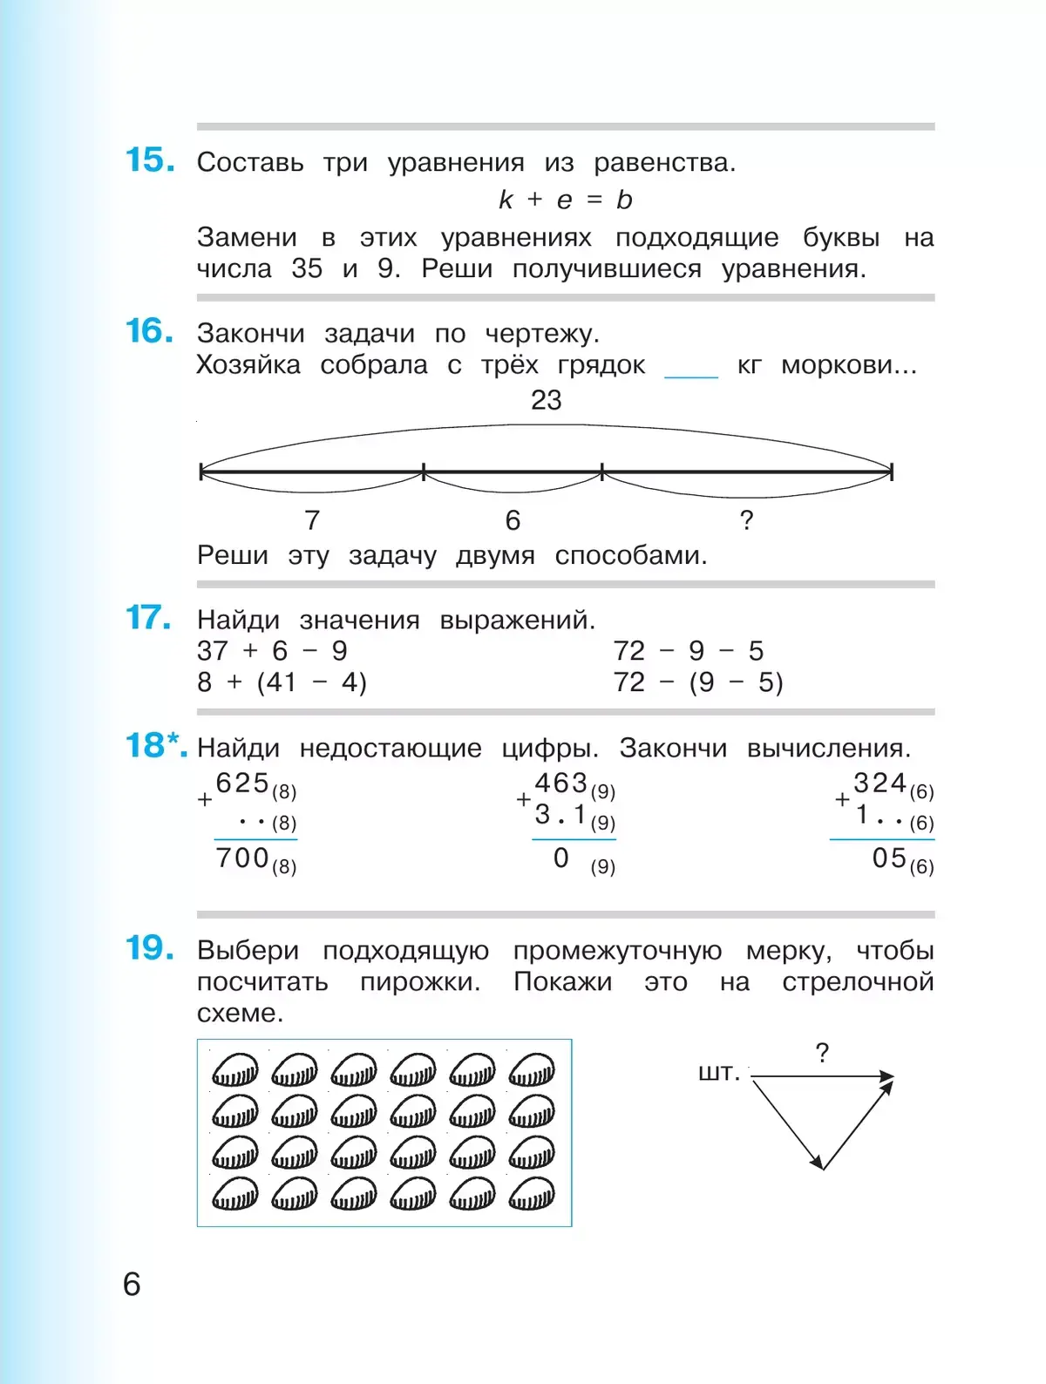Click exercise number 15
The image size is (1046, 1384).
click(x=149, y=160)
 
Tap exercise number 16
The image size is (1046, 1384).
click(x=149, y=331)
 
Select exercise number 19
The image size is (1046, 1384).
click(x=149, y=948)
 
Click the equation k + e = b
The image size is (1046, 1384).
click(x=565, y=200)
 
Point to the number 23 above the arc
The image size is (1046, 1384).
click(x=547, y=400)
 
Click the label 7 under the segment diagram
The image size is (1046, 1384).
click(x=312, y=520)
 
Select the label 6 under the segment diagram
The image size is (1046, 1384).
click(x=513, y=520)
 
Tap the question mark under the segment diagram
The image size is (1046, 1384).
click(x=746, y=520)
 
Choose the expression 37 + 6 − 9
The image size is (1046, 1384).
click(x=272, y=650)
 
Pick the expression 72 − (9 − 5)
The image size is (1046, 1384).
click(x=697, y=682)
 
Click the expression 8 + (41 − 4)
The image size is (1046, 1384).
click(x=282, y=682)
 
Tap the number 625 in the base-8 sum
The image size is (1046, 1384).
click(x=242, y=783)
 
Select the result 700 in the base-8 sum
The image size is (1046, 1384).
click(x=242, y=858)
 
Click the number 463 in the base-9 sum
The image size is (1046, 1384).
click(x=560, y=783)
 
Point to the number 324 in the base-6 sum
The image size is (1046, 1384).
click(x=880, y=783)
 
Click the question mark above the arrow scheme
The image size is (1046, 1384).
click(x=822, y=1053)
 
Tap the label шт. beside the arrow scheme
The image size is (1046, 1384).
click(x=719, y=1072)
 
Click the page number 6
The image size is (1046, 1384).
click(x=132, y=1284)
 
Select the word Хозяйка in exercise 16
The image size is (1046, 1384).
click(x=248, y=364)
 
